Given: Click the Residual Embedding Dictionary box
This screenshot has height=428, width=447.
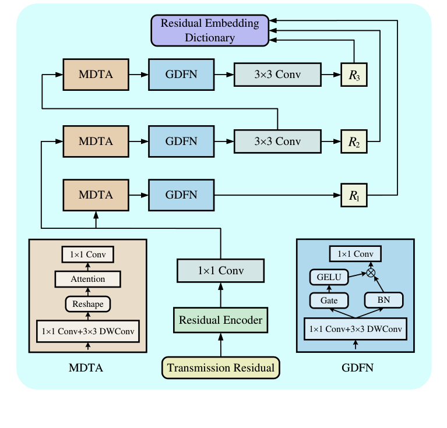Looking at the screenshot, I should tap(209, 30).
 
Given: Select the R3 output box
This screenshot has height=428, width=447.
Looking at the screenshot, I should tap(354, 75).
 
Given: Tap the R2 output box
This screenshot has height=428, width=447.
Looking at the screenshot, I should tap(354, 142).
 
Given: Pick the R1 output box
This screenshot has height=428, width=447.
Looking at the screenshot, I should tap(354, 195).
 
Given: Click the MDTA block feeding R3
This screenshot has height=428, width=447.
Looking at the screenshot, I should tap(96, 74).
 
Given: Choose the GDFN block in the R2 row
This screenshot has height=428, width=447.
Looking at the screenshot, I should tap(181, 141).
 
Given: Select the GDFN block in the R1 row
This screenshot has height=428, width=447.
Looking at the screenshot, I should tap(181, 195).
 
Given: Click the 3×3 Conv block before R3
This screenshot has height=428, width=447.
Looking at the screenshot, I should tap(277, 74).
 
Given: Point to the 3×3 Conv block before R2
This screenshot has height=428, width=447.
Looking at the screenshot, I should tap(277, 141).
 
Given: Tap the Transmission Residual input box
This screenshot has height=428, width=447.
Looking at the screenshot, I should tap(220, 368).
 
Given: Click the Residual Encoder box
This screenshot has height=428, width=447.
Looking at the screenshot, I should tap(220, 320).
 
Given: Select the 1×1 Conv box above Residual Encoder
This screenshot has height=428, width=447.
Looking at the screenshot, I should tap(220, 271).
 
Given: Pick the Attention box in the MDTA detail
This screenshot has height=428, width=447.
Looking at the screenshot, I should tap(88, 279).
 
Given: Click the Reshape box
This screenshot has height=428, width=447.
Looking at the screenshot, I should tap(88, 303).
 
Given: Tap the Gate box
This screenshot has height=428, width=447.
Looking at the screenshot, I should tap(329, 300).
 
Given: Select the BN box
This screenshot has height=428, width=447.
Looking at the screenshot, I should tap(383, 300).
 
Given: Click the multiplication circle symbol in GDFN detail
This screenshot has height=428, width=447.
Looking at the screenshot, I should tap(370, 271).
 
